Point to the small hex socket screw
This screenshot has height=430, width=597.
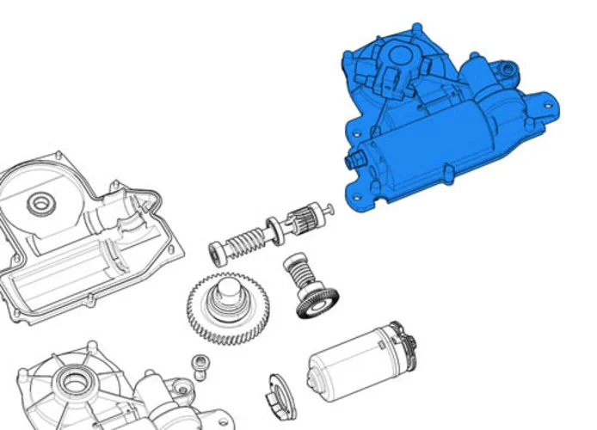200,365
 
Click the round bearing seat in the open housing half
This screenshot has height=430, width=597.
39,204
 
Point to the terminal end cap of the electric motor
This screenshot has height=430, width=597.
403,341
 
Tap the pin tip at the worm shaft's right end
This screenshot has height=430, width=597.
330,207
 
